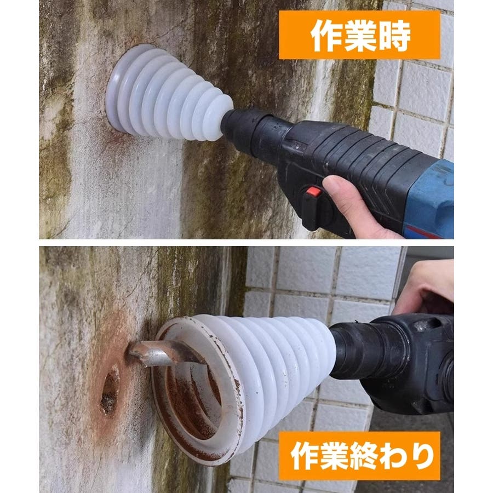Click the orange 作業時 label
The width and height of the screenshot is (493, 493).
(x=359, y=35)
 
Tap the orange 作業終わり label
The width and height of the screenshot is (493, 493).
(x=359, y=456)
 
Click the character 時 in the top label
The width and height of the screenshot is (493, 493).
(x=393, y=35)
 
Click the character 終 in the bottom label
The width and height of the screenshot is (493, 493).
(x=362, y=456)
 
